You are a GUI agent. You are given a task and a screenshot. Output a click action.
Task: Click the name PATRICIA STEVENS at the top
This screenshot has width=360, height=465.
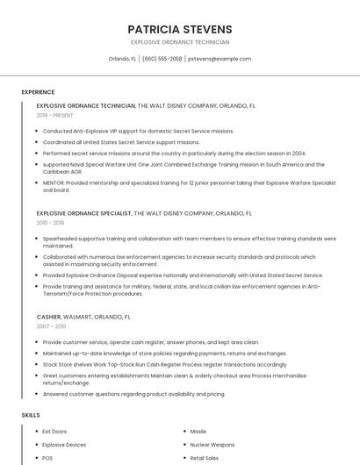179,28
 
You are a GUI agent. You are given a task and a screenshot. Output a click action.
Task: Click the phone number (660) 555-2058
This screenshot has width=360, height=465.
162,59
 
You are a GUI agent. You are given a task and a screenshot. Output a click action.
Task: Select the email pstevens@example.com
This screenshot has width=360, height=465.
220,59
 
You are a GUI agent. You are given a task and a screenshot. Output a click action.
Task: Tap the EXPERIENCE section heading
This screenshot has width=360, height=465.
38,92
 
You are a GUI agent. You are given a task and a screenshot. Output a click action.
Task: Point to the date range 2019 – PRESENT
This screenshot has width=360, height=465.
55,115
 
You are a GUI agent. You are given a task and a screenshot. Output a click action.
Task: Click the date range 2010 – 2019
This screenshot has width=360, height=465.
51,223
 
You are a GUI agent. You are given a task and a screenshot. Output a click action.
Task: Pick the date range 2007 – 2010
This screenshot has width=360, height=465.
51,326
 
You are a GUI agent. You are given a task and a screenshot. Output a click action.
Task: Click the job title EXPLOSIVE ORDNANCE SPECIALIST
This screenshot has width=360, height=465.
84,212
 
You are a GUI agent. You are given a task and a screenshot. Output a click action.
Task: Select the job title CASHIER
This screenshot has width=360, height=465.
49,316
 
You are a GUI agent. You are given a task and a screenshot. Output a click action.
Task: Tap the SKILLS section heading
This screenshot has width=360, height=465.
31,414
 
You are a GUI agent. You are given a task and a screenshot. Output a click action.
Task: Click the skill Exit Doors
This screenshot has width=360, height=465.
54,432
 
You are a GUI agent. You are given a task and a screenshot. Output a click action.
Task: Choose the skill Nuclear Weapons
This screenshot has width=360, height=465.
212,445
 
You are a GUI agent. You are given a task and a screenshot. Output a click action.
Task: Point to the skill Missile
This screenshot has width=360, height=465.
198,432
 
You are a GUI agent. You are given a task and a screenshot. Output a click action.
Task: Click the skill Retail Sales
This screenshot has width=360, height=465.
205,458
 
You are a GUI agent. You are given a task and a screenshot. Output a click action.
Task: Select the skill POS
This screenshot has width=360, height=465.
47,458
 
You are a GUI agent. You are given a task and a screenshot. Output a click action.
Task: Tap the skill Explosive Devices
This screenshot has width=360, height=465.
64,445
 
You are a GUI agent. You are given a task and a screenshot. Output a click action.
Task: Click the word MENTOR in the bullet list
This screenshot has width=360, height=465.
54,182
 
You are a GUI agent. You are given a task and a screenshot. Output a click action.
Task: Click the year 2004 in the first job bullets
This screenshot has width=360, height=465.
299,153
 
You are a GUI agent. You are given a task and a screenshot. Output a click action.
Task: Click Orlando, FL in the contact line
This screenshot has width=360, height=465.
122,59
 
